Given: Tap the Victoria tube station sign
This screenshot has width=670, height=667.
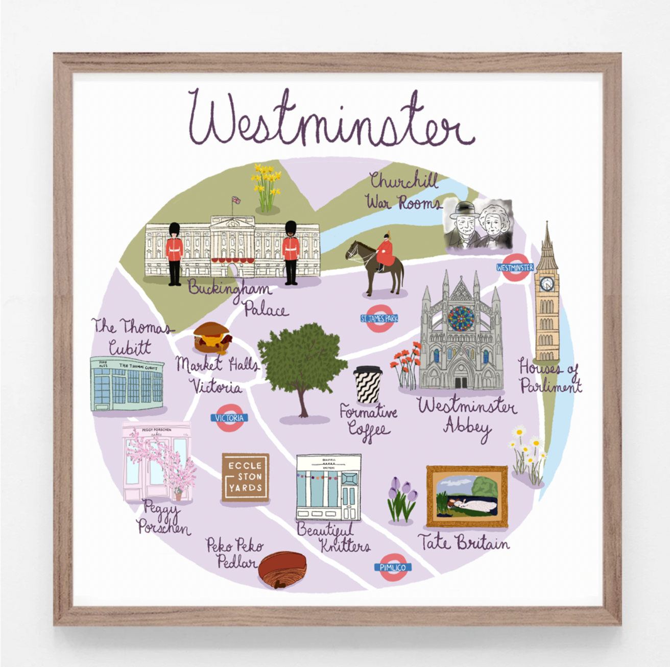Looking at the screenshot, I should click(x=229, y=418).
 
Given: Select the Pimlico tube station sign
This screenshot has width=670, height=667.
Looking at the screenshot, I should click(x=393, y=567).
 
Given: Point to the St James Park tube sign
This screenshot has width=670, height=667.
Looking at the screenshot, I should click(x=379, y=319).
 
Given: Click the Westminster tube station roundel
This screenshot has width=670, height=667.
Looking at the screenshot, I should click(x=515, y=267).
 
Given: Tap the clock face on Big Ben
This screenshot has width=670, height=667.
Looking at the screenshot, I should click(x=547, y=283).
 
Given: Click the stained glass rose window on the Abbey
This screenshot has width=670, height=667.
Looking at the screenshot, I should click(x=461, y=318).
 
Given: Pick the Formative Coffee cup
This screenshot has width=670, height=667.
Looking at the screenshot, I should click(x=368, y=385).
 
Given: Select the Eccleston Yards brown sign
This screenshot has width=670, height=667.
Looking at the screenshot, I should click(x=245, y=477).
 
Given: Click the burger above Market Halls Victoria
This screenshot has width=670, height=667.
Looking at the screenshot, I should click(x=212, y=338).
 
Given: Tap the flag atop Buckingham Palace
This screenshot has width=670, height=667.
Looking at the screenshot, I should click(x=236, y=200).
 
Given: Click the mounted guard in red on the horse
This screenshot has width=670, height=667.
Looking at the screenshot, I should click(x=384, y=252).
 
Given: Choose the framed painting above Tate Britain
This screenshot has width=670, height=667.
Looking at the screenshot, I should click(x=467, y=496).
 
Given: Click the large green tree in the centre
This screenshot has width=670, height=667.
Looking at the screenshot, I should click(x=302, y=363).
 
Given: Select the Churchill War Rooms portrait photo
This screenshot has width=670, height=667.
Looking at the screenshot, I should click(x=477, y=225).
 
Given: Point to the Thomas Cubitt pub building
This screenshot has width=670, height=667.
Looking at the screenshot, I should click(x=127, y=384).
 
